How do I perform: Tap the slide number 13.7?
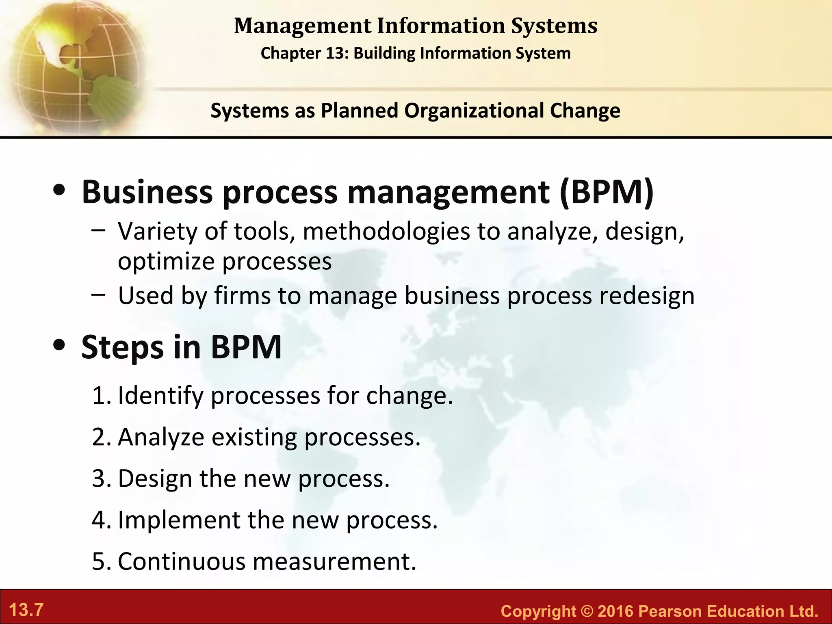26,610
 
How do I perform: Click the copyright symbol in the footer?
587,611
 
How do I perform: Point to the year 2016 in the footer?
616,611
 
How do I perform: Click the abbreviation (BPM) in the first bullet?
607,192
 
